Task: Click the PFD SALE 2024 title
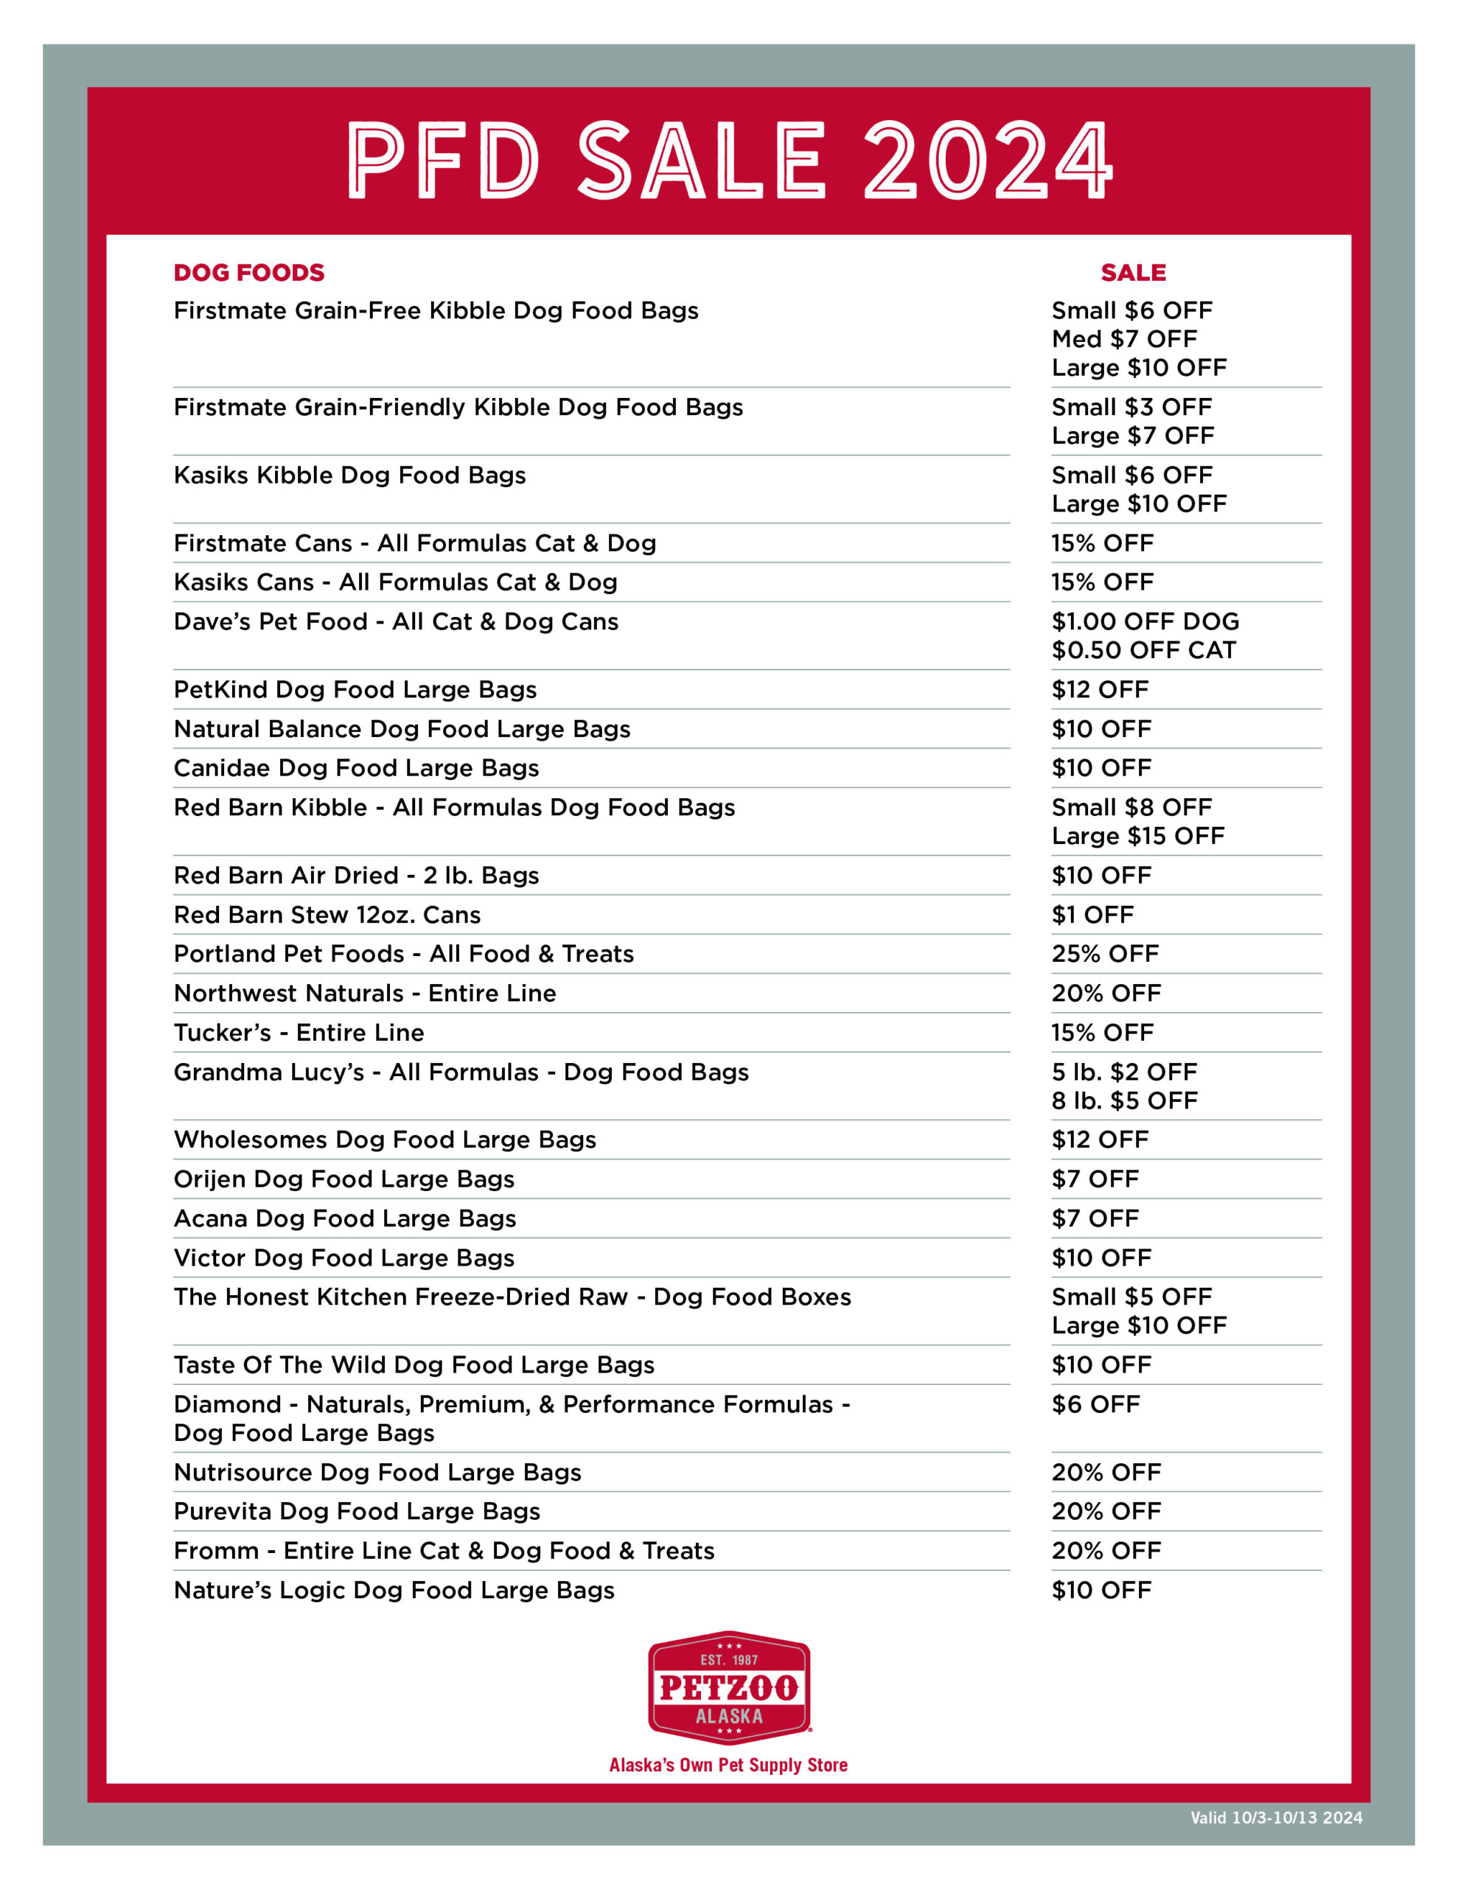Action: tap(728, 160)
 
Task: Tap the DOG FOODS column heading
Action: tap(249, 273)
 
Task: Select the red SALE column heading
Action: tap(1132, 273)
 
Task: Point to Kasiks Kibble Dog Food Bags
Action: tap(349, 475)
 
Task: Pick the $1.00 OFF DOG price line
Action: tap(1144, 621)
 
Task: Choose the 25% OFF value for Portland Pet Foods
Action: tap(1104, 954)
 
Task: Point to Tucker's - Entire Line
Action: tap(299, 1033)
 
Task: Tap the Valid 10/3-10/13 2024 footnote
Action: tap(1276, 1818)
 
